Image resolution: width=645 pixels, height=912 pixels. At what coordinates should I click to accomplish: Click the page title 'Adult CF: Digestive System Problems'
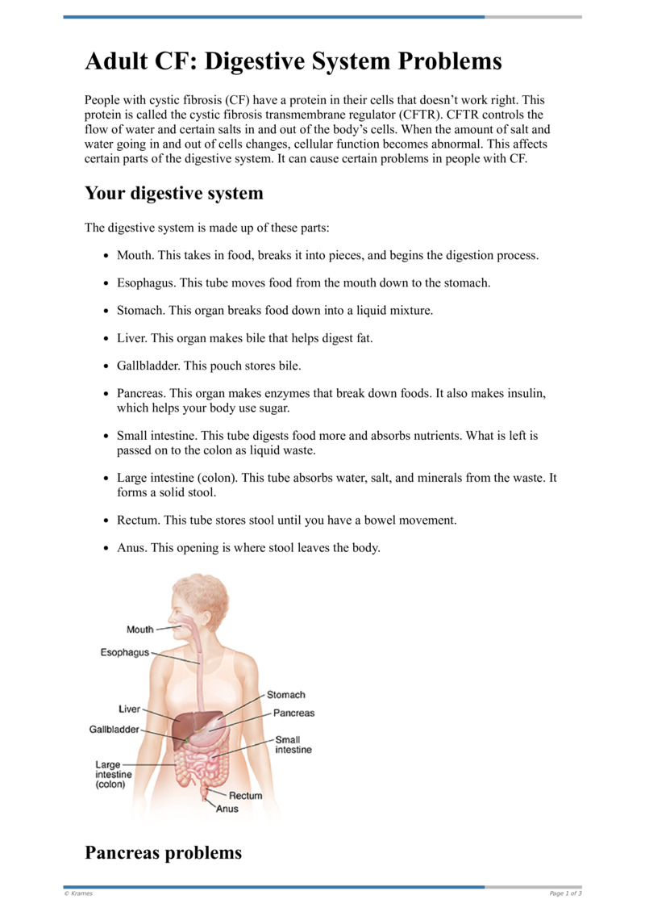(x=293, y=61)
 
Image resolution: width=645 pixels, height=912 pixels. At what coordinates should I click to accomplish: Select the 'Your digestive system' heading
(x=174, y=193)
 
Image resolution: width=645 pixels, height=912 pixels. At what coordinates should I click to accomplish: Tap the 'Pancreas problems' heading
(x=163, y=851)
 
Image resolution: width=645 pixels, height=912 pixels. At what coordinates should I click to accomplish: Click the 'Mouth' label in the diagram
(x=139, y=630)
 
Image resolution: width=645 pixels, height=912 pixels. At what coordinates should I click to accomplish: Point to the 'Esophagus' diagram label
(x=124, y=652)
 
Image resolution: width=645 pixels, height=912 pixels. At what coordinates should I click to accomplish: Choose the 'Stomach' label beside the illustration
(x=286, y=694)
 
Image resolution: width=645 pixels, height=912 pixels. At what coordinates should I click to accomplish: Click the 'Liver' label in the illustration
(x=129, y=709)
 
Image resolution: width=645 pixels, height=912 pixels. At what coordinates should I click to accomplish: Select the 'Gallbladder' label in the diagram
(x=114, y=730)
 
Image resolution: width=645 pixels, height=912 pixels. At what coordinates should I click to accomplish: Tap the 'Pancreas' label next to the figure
(x=293, y=713)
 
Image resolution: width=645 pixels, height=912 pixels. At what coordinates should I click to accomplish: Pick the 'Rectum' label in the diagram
(x=246, y=795)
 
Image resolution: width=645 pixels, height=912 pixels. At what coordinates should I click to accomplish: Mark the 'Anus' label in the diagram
(x=227, y=809)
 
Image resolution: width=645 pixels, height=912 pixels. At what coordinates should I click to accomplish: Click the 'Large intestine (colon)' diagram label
(x=113, y=774)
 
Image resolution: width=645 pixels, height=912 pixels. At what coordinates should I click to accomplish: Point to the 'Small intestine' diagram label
(x=293, y=744)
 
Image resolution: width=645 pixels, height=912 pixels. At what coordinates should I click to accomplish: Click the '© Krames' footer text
(x=78, y=893)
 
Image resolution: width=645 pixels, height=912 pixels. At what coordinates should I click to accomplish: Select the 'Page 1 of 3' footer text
(x=565, y=893)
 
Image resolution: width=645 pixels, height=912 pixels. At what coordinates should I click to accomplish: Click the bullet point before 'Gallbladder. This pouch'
(x=107, y=366)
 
